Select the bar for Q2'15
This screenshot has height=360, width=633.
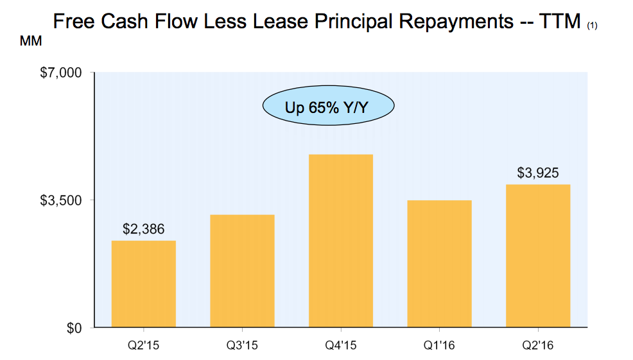pyautogui.click(x=144, y=284)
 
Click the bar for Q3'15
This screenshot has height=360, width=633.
pyautogui.click(x=242, y=271)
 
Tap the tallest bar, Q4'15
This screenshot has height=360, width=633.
pyautogui.click(x=341, y=241)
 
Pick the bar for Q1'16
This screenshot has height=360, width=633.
pyautogui.click(x=439, y=264)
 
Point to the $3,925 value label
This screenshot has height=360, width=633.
pyautogui.click(x=538, y=173)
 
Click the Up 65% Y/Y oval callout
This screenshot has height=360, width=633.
pyautogui.click(x=328, y=107)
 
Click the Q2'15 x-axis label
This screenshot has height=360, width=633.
pyautogui.click(x=144, y=345)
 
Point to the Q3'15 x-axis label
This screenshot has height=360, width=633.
pyautogui.click(x=242, y=345)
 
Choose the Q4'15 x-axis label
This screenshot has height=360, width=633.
pyautogui.click(x=341, y=345)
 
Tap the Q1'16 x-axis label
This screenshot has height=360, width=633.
pyautogui.click(x=439, y=345)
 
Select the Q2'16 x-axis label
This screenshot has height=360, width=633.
pyautogui.click(x=538, y=345)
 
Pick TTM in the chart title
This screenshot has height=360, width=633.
pyautogui.click(x=563, y=22)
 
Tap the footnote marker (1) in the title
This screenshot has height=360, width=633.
pyautogui.click(x=593, y=26)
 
